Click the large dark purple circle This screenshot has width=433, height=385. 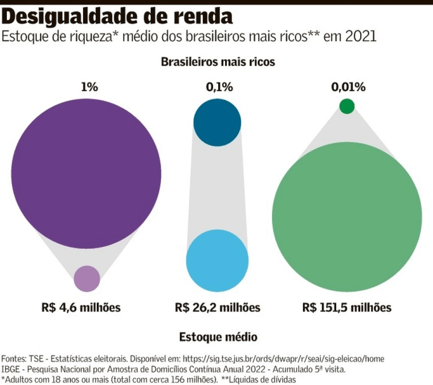[x=85, y=173]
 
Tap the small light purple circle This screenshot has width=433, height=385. [x=87, y=279]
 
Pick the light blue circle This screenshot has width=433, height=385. [x=217, y=260]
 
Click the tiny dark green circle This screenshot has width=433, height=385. [x=347, y=106]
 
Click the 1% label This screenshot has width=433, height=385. [x=89, y=87]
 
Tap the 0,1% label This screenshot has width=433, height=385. [x=219, y=87]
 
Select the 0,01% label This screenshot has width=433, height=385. [x=348, y=87]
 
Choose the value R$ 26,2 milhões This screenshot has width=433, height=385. [x=218, y=308]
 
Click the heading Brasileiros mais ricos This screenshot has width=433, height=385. [x=218, y=61]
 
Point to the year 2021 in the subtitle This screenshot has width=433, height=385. [x=359, y=36]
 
